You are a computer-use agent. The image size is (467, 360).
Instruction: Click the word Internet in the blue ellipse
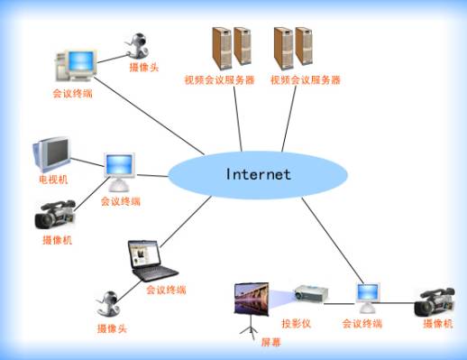[x=258, y=174]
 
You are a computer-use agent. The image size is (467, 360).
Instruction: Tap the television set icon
[x=51, y=154]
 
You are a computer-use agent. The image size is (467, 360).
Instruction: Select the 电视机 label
[x=53, y=180]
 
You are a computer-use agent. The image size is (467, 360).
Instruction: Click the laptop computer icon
[x=152, y=261]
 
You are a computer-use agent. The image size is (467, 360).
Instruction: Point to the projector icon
[x=311, y=293]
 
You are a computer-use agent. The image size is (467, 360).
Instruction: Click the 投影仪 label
[x=296, y=324]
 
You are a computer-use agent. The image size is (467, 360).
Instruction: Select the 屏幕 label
[x=270, y=342]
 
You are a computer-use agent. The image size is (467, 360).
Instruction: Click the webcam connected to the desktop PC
[x=137, y=45]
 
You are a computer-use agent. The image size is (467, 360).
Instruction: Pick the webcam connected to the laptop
[x=108, y=304]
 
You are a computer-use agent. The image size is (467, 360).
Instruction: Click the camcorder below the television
[x=55, y=215]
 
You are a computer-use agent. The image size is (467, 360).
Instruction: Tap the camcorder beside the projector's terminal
[x=435, y=302]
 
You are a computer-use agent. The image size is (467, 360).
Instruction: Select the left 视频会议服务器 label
[x=219, y=80]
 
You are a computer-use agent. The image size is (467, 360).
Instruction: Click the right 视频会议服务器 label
[x=306, y=80]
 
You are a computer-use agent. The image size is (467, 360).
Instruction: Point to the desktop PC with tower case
[x=76, y=66]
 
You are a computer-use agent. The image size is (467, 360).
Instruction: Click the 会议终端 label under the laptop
[x=166, y=290]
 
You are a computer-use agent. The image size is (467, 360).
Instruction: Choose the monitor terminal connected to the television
[x=119, y=171]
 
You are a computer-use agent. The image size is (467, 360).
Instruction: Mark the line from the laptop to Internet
[x=186, y=222]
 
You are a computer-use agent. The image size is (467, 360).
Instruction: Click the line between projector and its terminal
[x=340, y=304]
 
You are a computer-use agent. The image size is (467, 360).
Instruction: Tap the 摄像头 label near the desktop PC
[x=144, y=67]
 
